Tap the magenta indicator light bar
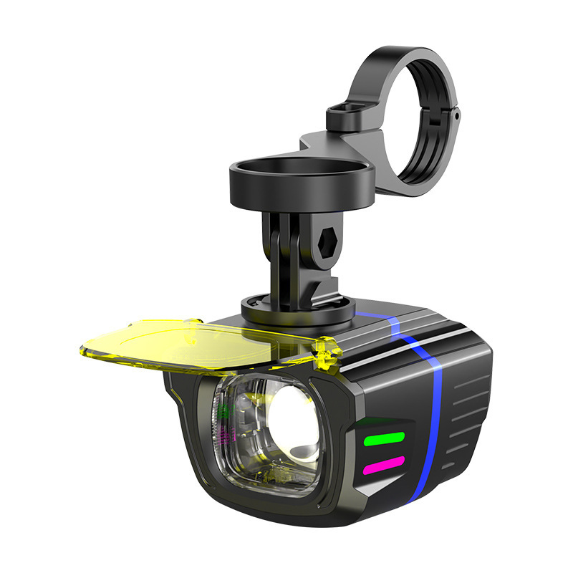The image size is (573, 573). click(x=385, y=468)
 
